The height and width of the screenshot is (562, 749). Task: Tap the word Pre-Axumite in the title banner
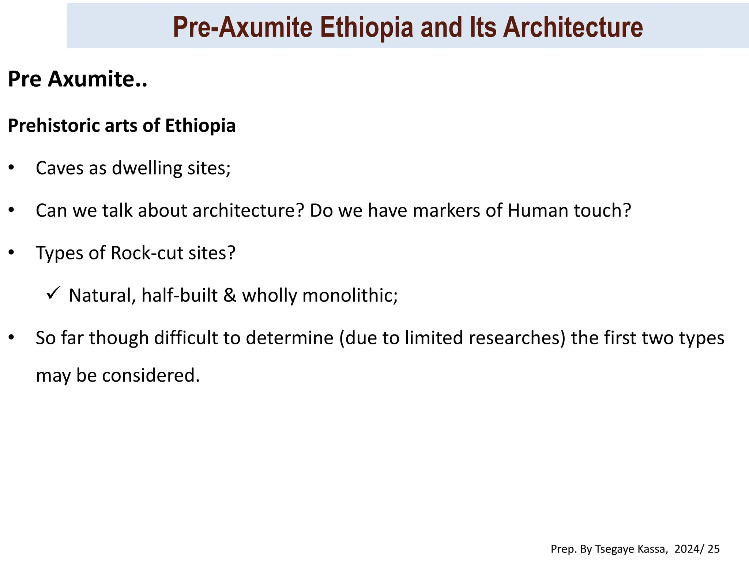tap(242, 27)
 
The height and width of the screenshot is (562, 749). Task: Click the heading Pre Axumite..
tap(77, 79)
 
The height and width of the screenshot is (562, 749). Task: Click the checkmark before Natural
tap(53, 293)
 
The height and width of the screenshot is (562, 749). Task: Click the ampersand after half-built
tap(230, 296)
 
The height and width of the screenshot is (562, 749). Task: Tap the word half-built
tap(179, 296)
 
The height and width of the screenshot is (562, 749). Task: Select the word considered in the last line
tap(151, 376)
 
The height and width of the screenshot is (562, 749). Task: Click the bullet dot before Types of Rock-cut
tap(11, 252)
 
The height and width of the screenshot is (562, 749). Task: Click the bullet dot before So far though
tap(11, 337)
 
